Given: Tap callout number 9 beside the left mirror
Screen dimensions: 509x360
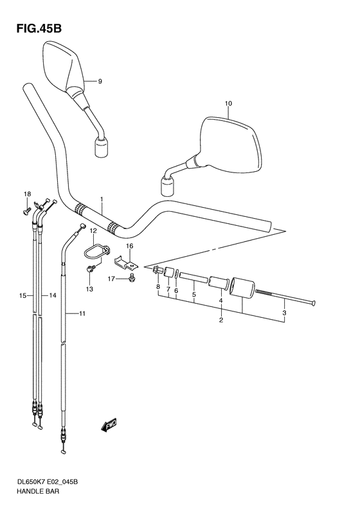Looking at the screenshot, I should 100,81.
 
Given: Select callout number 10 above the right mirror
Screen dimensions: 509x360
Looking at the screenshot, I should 227,103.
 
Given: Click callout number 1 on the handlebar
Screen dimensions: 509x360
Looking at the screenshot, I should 101,199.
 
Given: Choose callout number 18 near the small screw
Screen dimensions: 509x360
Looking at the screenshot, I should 27,194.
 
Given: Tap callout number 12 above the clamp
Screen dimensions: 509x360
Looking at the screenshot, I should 93,230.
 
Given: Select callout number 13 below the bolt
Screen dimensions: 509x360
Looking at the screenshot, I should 89,289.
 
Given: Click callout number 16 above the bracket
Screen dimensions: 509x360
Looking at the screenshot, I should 129,246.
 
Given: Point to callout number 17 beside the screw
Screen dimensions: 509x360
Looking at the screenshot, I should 111,279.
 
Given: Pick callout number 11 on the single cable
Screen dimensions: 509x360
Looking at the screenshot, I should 82,313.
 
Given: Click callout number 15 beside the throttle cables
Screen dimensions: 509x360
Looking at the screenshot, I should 22,295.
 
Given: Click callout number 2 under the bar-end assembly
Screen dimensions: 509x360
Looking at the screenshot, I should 221,320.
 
